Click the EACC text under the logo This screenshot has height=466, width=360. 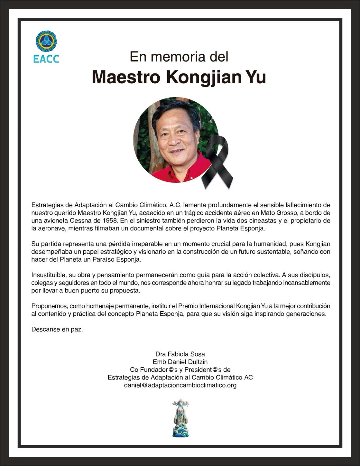click(46, 59)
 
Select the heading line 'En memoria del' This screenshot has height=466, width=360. click(179, 57)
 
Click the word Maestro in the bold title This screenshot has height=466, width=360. click(126, 77)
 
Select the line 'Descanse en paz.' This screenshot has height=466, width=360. click(57, 329)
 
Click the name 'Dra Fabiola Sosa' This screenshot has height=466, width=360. click(180, 354)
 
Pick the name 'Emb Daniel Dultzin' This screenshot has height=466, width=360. click(180, 362)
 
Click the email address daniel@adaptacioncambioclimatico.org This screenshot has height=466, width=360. click(180, 385)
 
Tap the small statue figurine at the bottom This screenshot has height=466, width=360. click(180, 418)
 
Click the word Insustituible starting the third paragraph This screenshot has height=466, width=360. click(48, 275)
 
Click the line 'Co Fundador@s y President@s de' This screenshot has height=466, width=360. click(180, 370)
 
